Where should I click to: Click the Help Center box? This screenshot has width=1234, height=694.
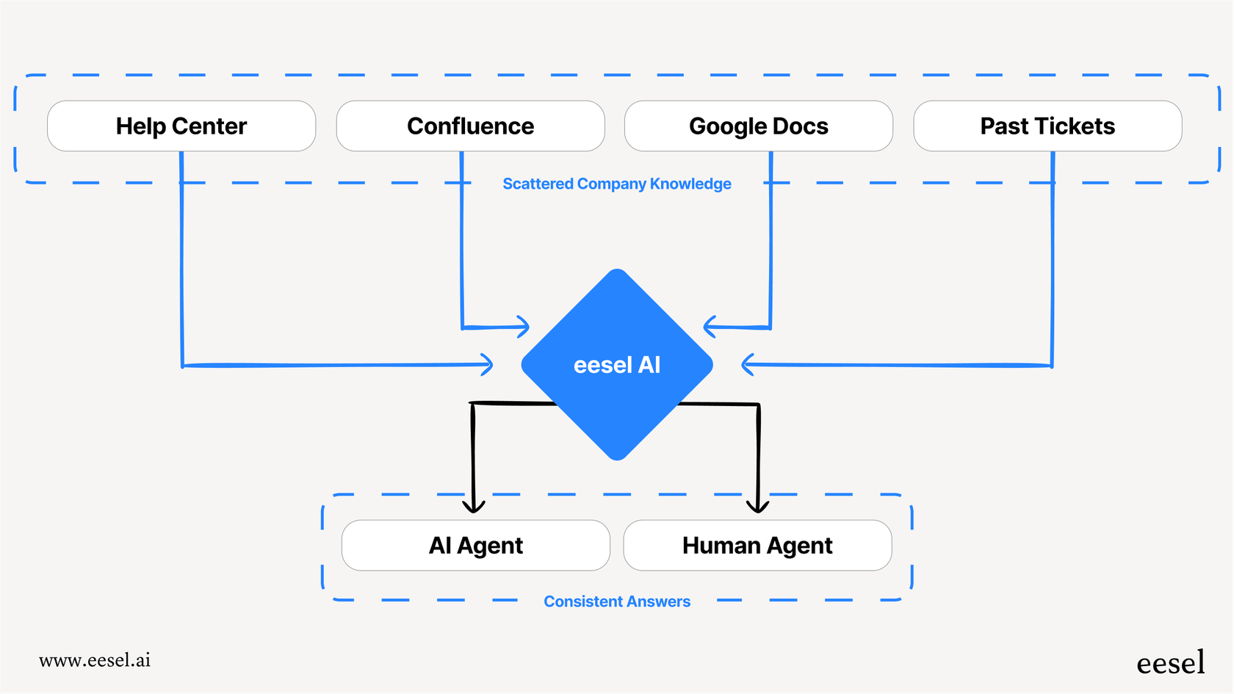click(181, 126)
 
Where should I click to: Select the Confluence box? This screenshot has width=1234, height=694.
click(470, 126)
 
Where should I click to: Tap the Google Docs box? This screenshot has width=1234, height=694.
click(758, 126)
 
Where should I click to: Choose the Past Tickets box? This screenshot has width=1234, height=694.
click(1047, 126)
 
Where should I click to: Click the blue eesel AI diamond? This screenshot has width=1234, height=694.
click(617, 365)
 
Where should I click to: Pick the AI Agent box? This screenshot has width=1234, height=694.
click(475, 546)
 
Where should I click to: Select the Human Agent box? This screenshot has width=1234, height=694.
click(757, 546)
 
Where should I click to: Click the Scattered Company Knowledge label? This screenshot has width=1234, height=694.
click(616, 184)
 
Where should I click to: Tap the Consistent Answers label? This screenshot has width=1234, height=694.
click(616, 601)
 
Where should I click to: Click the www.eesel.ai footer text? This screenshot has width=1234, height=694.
click(95, 660)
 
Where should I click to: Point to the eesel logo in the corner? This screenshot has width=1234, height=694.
click(1170, 663)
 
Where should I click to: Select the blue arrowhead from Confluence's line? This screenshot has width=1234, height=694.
click(524, 327)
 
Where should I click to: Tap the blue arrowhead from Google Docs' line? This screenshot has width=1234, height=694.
click(709, 326)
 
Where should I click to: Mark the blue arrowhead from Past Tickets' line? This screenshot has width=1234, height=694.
click(747, 364)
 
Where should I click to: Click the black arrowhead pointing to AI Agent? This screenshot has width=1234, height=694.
click(474, 507)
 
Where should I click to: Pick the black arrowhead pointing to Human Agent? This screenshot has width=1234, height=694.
click(757, 507)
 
